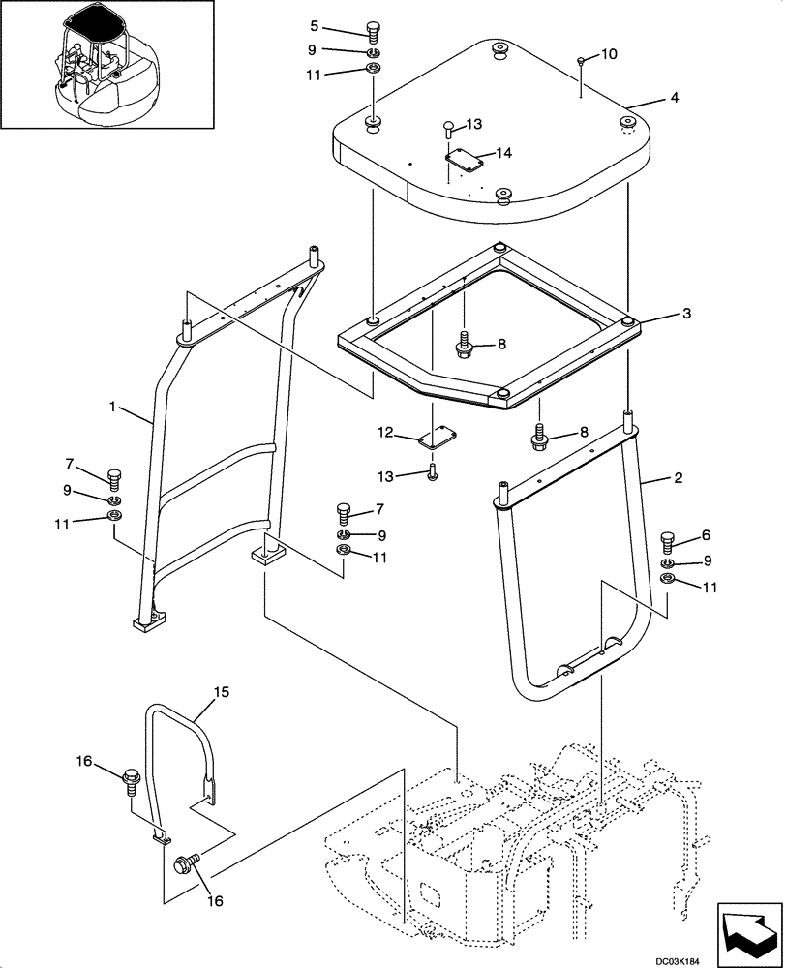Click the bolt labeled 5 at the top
click(374, 31)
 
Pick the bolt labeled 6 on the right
click(668, 539)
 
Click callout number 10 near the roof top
click(608, 55)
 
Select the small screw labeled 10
click(580, 62)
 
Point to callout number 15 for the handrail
click(221, 693)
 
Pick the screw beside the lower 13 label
click(431, 472)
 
